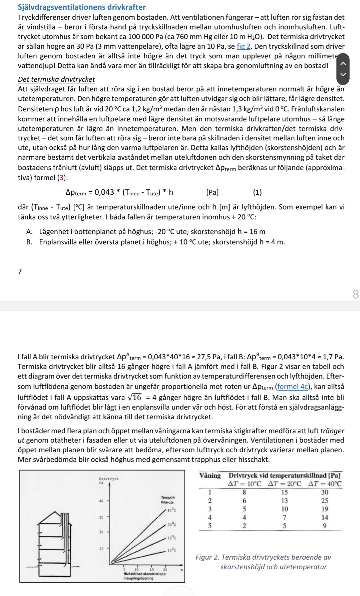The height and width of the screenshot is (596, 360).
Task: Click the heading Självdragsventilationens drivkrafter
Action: pos(82,7)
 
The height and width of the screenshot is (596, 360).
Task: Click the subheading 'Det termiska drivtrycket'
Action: pos(56,79)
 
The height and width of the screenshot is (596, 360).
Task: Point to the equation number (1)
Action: pos(257,192)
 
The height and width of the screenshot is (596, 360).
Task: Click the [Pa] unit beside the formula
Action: pos(213,192)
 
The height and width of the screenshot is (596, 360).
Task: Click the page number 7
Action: pos(20,271)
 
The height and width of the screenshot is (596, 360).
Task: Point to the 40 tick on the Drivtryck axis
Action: pos(101,501)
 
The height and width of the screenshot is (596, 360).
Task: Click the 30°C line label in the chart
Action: pos(172,525)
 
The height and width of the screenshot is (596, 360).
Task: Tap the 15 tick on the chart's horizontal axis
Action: pos(152,569)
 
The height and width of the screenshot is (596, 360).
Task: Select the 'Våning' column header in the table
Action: pos(210,476)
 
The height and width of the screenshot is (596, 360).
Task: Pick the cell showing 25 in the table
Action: pos(325,501)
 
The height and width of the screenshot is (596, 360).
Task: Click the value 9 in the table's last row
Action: pos(325,526)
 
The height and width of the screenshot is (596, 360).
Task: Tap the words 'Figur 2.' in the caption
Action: pos(207,557)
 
